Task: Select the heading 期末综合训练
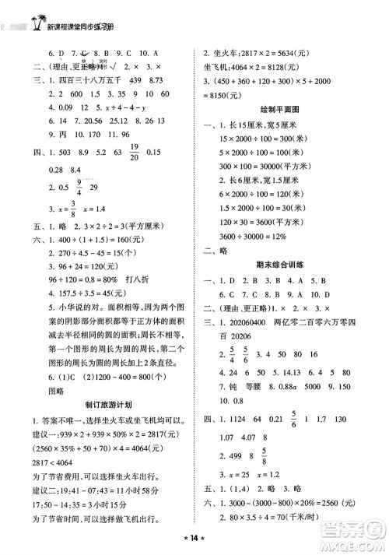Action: coord(285,264)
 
